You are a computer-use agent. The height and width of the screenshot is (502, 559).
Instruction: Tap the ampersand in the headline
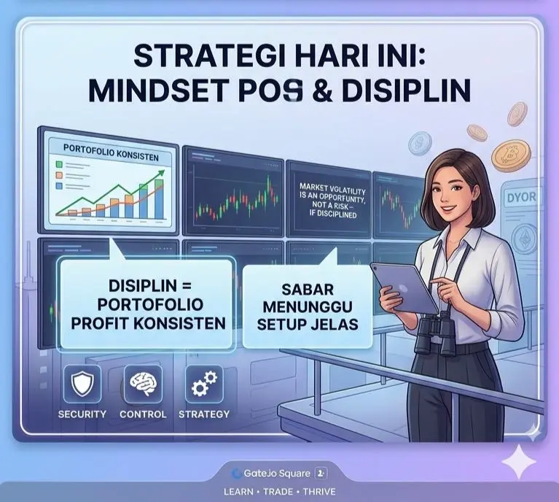pyautogui.click(x=322, y=90)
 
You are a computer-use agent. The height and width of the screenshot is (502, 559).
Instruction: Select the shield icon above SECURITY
pyautogui.click(x=82, y=384)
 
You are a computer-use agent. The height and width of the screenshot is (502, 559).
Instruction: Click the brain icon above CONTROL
pyautogui.click(x=143, y=384)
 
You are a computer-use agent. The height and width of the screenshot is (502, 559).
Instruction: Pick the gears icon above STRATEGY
pyautogui.click(x=204, y=384)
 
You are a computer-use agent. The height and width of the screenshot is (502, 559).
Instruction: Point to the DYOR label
pyautogui.click(x=522, y=197)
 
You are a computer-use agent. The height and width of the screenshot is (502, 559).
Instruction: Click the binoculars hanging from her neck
pyautogui.click(x=436, y=334)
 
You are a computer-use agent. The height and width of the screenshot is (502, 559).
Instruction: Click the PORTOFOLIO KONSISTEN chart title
pyautogui.click(x=111, y=152)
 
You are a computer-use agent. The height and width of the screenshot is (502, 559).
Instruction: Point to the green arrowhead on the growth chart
pyautogui.click(x=161, y=173)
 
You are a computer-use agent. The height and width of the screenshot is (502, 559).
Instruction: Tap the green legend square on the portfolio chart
pyautogui.click(x=59, y=164)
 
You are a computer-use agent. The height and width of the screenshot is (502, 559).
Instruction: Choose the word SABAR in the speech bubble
pyautogui.click(x=308, y=290)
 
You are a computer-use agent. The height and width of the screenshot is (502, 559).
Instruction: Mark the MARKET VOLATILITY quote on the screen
pyautogui.click(x=332, y=201)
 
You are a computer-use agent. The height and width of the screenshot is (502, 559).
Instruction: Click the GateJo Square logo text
pyautogui.click(x=277, y=474)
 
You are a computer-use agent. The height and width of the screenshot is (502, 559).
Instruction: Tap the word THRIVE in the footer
pyautogui.click(x=319, y=492)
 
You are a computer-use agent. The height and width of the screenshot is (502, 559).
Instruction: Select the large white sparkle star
pyautogui.click(x=519, y=461)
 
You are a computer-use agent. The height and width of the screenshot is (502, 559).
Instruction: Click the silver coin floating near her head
pyautogui.click(x=420, y=143)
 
